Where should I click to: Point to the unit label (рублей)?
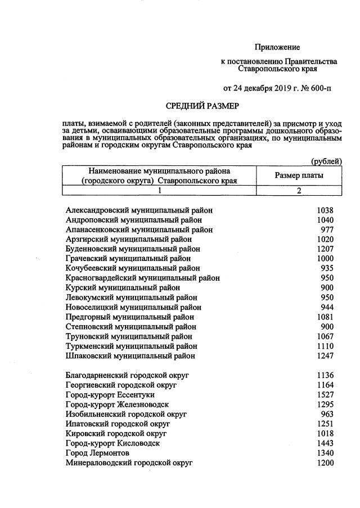pos(326,161)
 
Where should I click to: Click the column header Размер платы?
pos(299,176)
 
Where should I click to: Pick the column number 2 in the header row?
pos(299,191)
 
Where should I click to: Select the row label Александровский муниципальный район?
pos(139,210)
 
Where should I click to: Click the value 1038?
pos(325,210)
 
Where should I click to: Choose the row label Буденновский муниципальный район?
pos(132,249)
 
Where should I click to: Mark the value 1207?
pos(325,249)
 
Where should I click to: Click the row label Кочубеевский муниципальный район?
pos(132,268)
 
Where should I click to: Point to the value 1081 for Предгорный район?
pos(325,317)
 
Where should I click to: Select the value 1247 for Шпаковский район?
pos(325,356)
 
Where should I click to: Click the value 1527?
pos(325,395)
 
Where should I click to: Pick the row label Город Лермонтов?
pos(97,453)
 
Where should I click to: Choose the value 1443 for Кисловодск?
pos(325,443)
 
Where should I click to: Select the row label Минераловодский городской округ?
pos(129,462)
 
